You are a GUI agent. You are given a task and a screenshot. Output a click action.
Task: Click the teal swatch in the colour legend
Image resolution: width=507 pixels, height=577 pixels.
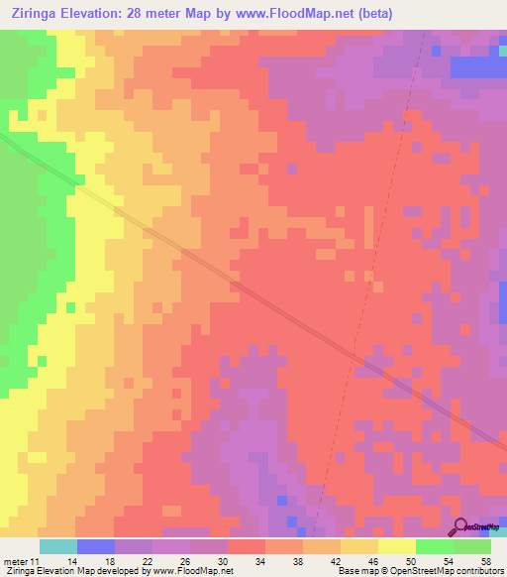[x=57, y=546]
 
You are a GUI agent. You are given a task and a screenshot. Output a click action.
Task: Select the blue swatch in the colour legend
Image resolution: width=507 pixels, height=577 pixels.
[x=95, y=546]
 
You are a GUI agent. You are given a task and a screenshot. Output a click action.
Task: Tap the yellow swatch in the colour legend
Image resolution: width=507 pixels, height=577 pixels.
[x=396, y=546]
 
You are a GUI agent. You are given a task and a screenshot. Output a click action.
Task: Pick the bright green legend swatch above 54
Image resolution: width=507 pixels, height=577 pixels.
[x=434, y=546]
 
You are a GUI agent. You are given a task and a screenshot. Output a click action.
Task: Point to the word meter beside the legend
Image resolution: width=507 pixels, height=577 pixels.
[x=16, y=560]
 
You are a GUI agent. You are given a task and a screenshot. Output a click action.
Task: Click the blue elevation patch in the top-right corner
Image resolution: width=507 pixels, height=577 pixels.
[x=477, y=66]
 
